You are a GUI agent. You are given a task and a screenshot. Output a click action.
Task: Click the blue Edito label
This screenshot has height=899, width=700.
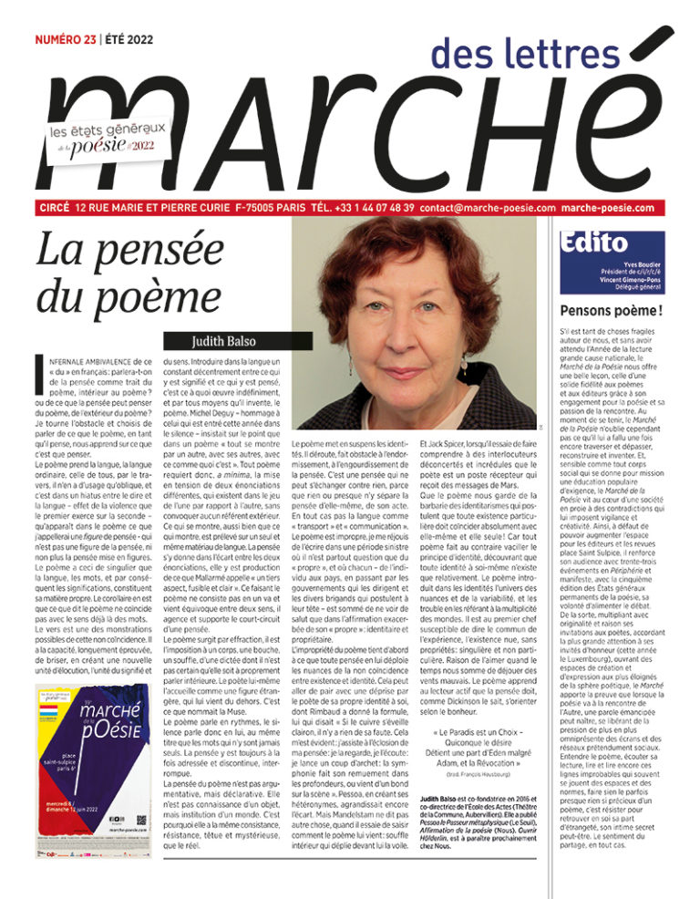597,243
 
